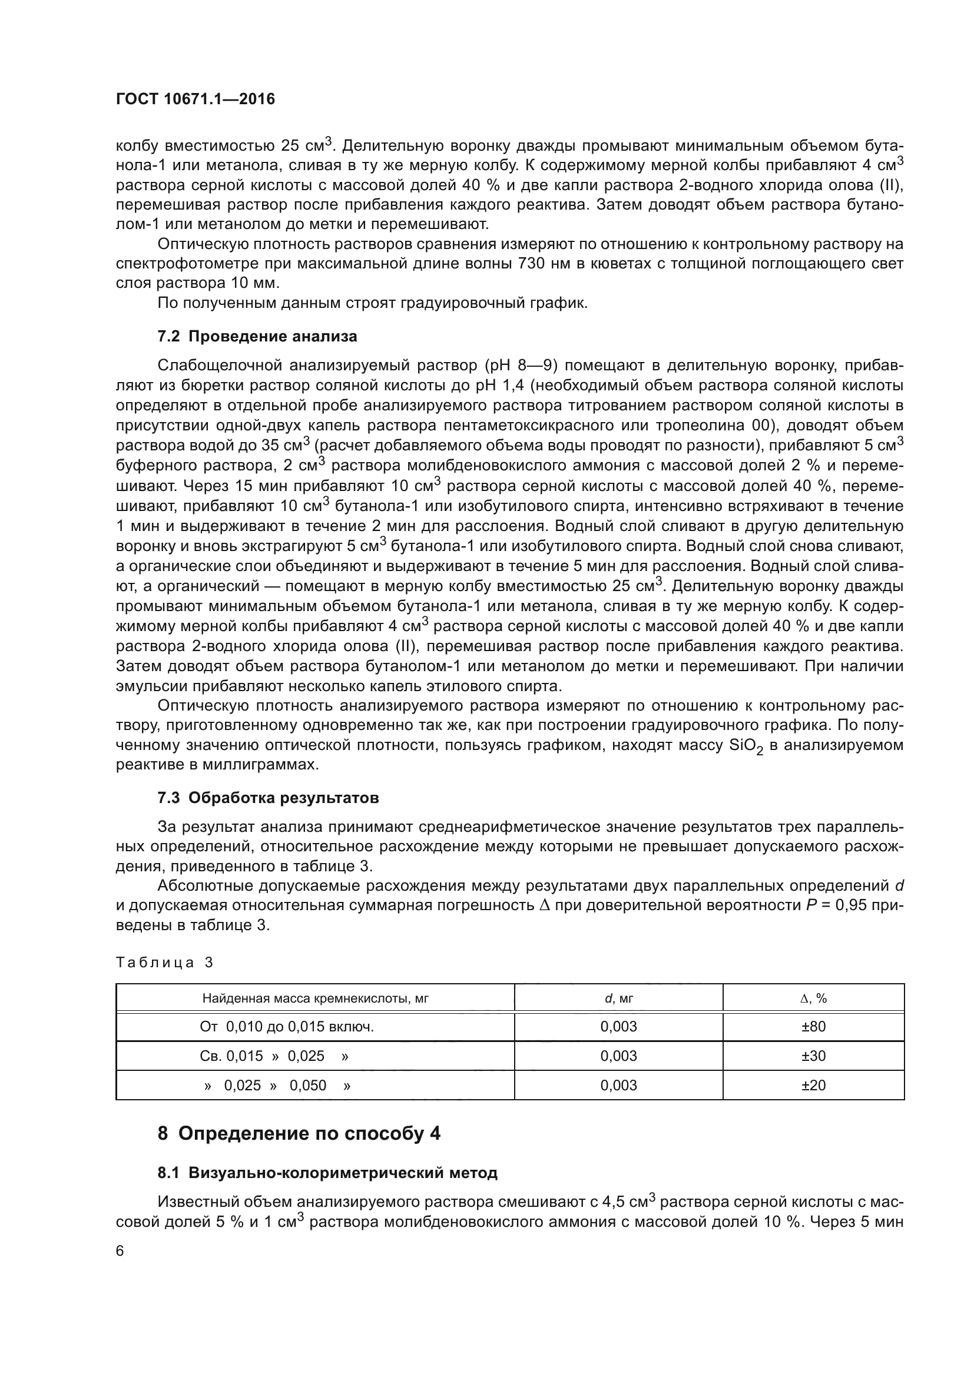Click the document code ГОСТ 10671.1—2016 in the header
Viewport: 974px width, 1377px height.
pos(195,99)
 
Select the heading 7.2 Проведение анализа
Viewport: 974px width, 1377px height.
pos(257,337)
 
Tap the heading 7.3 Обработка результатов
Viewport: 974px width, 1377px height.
pos(268,798)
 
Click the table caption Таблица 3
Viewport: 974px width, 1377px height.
pos(164,963)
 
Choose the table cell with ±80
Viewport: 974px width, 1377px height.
pos(813,1026)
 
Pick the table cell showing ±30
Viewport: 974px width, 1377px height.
pos(813,1056)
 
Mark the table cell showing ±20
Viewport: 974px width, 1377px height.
pos(813,1085)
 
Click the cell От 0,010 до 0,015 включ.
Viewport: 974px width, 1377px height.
pos(287,1026)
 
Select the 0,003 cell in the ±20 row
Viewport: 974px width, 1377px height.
pos(618,1085)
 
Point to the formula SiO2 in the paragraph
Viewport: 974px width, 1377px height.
pos(746,746)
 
